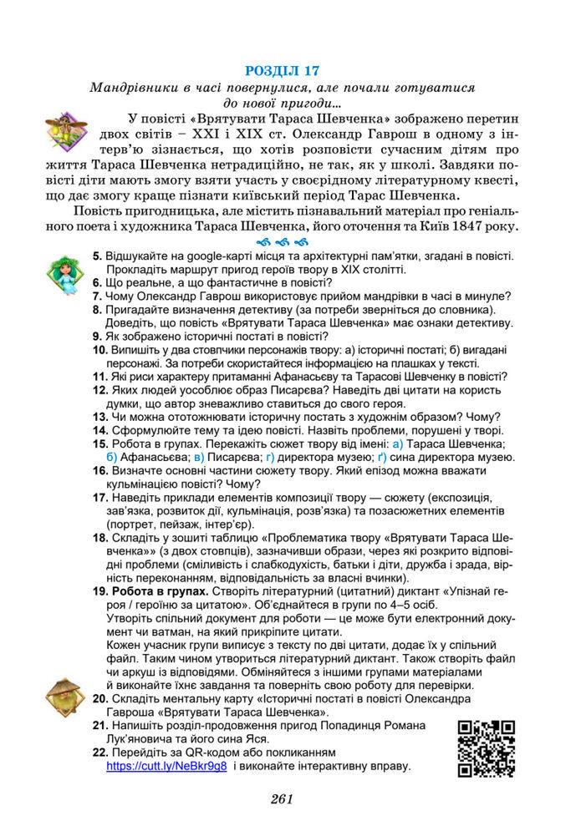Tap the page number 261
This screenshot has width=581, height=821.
pos(282,798)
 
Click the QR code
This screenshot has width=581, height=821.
pos(486,748)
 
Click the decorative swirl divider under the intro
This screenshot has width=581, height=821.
pos(284,243)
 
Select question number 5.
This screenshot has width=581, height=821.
pos(97,256)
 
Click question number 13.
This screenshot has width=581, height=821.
pos(99,417)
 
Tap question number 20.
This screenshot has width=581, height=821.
pos(99,697)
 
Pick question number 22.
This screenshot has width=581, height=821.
pos(99,752)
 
